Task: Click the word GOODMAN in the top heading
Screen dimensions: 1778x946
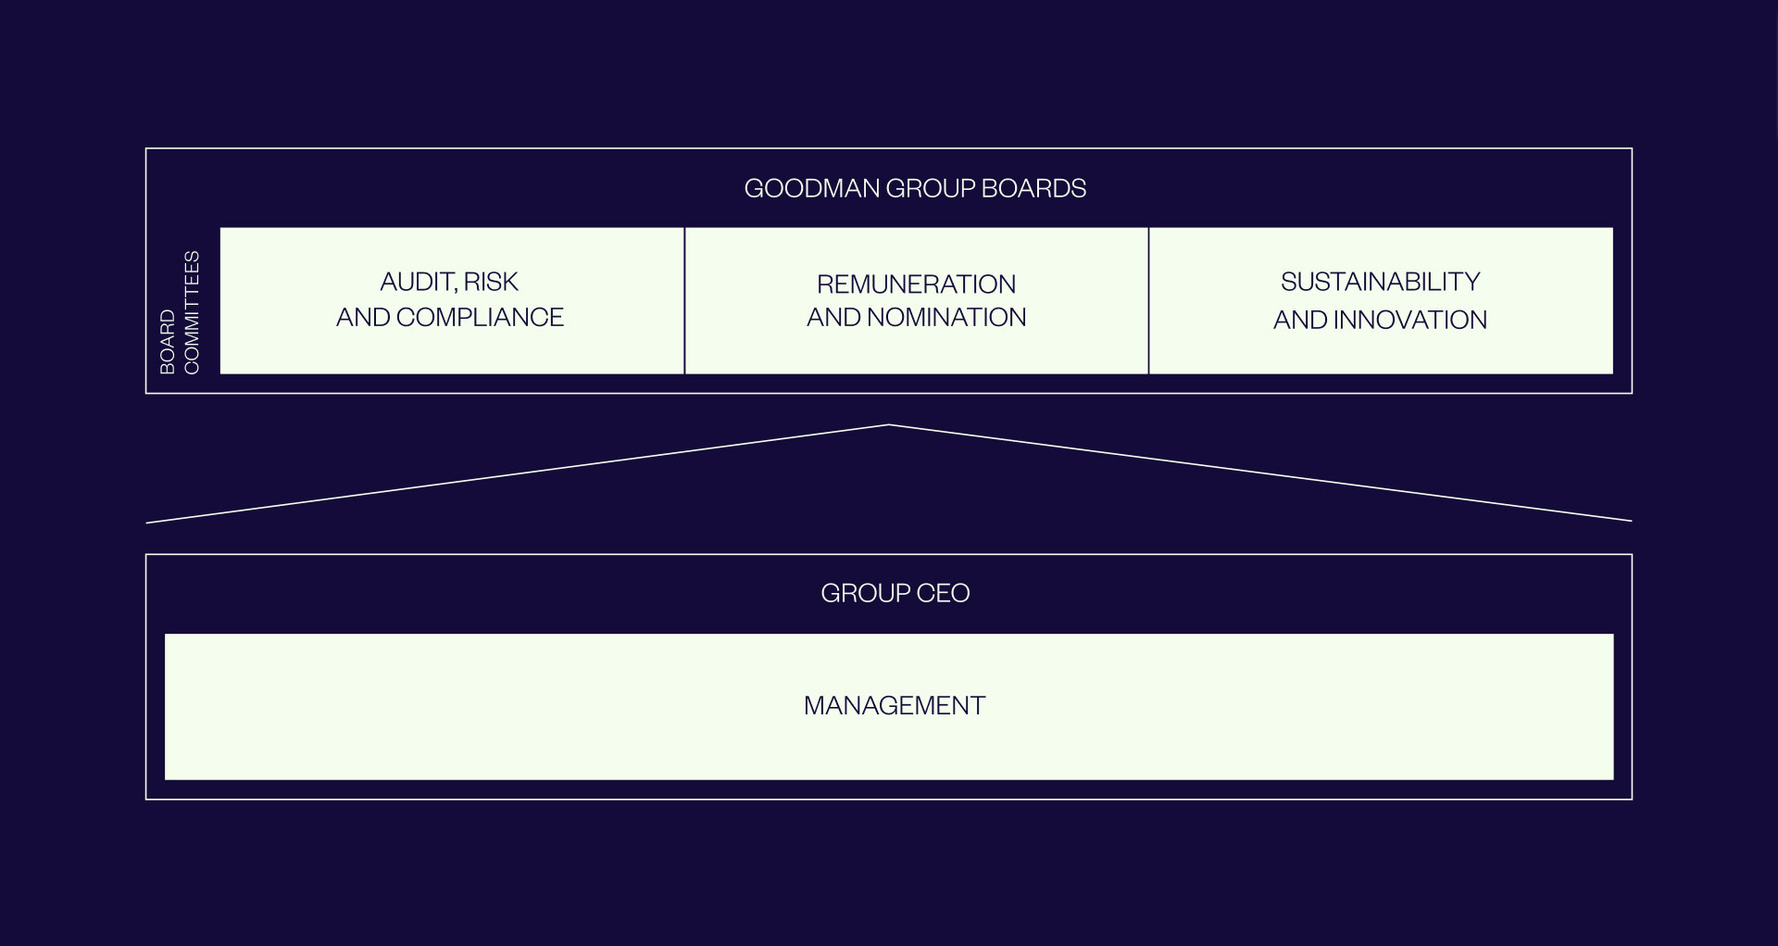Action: click(x=812, y=188)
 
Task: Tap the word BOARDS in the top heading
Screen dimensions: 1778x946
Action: click(x=1033, y=188)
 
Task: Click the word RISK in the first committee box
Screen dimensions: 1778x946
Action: click(x=491, y=282)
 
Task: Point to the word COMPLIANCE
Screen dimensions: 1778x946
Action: click(x=480, y=317)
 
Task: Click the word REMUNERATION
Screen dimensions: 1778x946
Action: click(x=917, y=284)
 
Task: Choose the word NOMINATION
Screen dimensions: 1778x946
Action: click(x=946, y=317)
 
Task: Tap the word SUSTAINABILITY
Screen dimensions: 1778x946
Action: click(x=1381, y=282)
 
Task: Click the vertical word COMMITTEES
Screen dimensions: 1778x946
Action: click(x=192, y=312)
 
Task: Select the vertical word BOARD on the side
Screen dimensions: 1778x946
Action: click(x=168, y=342)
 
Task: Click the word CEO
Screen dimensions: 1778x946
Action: click(x=943, y=593)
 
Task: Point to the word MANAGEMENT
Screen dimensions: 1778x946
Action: click(x=895, y=706)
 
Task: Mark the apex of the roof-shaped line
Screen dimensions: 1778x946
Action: click(x=889, y=424)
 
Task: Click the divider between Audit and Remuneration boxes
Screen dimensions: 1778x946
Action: click(x=684, y=301)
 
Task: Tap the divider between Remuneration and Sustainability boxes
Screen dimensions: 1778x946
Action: click(x=1148, y=301)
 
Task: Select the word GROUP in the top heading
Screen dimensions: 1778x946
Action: click(x=931, y=188)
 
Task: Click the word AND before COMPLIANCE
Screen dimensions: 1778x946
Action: click(x=363, y=317)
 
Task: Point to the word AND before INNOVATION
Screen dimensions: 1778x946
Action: click(x=1300, y=320)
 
